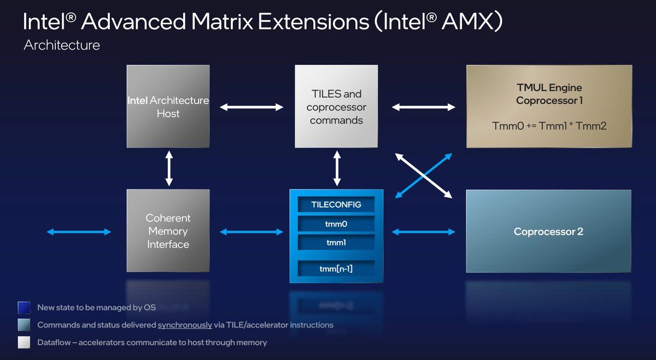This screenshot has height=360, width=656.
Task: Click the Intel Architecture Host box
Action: [168, 107]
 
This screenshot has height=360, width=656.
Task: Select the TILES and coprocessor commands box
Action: [336, 107]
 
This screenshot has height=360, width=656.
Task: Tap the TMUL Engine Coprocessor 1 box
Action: [549, 107]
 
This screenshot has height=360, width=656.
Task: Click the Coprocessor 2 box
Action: [548, 232]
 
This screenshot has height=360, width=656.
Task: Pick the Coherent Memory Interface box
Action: [168, 231]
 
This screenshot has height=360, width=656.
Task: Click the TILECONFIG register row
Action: [336, 205]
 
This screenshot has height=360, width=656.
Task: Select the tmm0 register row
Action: [336, 223]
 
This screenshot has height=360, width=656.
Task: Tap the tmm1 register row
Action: [336, 242]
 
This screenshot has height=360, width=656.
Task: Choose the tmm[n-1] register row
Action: [336, 268]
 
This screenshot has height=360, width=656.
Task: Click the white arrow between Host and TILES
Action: [252, 107]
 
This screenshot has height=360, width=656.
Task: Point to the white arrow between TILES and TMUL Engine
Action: [423, 107]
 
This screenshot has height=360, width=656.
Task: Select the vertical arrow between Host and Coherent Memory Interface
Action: [169, 169]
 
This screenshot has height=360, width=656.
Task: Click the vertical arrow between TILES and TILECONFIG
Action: [337, 169]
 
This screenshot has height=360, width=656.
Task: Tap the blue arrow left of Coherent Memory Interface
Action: [79, 232]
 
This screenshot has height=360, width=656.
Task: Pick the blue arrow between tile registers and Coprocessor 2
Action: [423, 232]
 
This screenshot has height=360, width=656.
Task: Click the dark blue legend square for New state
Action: [24, 308]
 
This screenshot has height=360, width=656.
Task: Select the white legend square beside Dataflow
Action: [24, 343]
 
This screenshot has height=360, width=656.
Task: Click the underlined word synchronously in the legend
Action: [185, 325]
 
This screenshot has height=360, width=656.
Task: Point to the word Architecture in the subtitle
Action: [62, 45]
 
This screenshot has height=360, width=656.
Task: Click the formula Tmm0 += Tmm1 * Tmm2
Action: [549, 126]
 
